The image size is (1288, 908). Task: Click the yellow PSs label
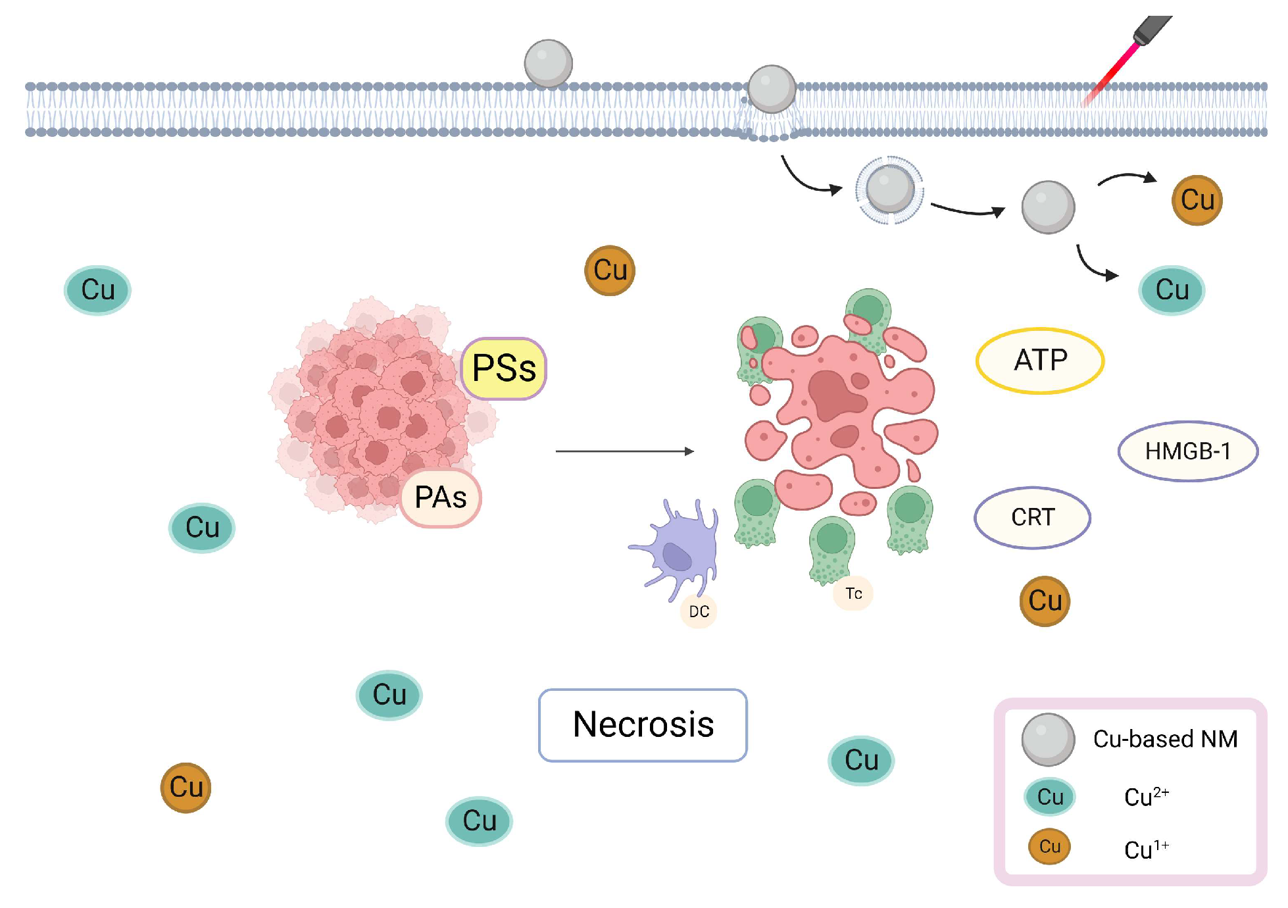tap(504, 368)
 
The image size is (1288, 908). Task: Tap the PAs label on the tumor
tap(441, 497)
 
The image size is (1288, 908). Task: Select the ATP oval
tap(1040, 361)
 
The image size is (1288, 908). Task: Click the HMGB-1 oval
tap(1187, 451)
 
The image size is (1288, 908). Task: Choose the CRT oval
tap(1032, 518)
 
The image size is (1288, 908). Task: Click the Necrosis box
tap(643, 725)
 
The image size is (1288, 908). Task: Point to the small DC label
tap(699, 612)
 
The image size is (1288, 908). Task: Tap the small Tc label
tap(853, 593)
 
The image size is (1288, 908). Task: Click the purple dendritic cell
tap(681, 549)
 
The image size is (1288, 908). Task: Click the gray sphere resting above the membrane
tap(548, 63)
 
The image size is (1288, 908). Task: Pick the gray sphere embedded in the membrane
tap(772, 89)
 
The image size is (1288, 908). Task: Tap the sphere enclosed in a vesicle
tap(889, 189)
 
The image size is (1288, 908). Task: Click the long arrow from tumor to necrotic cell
tap(624, 451)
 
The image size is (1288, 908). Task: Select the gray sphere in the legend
tap(1048, 740)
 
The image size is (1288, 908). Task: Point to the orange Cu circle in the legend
tap(1049, 846)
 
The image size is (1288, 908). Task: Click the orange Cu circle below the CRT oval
tap(1045, 601)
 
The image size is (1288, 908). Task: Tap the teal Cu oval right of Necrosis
tap(861, 761)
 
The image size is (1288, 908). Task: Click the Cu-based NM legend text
tap(1165, 740)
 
